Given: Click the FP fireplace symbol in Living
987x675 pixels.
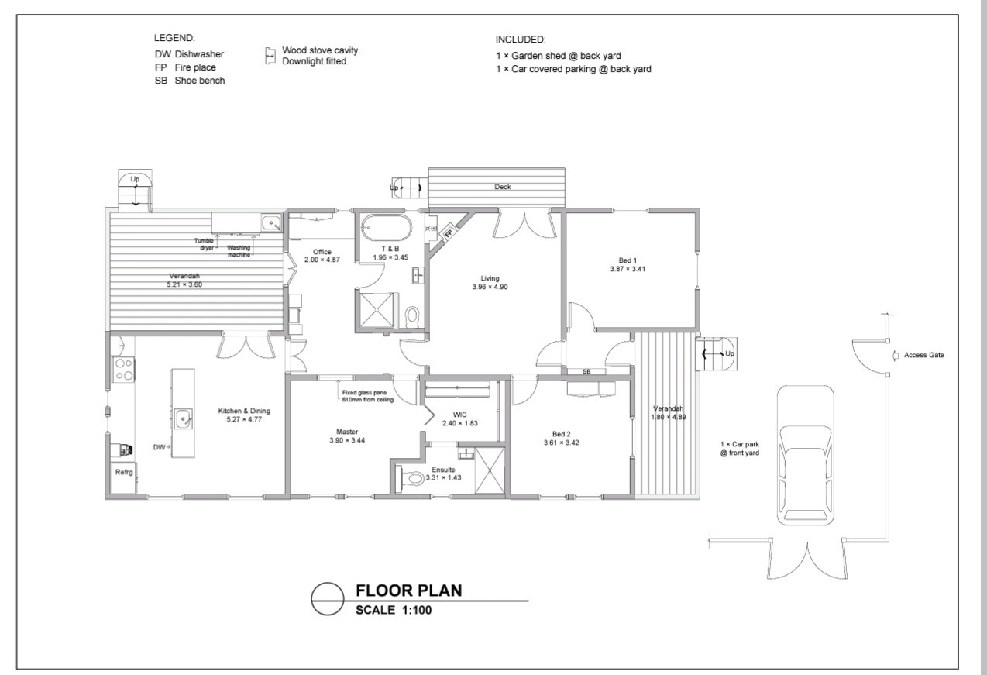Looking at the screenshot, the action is coord(449,233).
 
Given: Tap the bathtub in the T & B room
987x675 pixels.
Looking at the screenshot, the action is coord(386,228).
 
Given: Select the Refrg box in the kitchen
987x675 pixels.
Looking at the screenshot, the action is coord(123,477).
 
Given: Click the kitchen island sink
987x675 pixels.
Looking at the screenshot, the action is coord(183,418).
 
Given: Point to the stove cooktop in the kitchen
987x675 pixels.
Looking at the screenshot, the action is coord(124,370).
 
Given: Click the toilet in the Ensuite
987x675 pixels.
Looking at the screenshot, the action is coord(413,478).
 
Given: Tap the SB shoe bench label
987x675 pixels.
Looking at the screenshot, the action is coord(586,372).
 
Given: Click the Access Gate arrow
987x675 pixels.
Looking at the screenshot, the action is coord(896,356).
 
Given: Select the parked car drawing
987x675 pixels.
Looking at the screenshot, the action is coord(805,456).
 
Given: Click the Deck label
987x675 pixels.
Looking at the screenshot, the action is coord(502,187).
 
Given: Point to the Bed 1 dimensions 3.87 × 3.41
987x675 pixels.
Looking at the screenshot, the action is coord(628,269).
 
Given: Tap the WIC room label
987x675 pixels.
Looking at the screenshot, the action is coord(459,415).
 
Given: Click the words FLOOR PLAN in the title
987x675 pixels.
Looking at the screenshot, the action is coord(408,591).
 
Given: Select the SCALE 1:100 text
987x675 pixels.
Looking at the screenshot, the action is coord(394,610).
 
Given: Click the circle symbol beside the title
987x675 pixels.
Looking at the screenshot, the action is coord(328,599).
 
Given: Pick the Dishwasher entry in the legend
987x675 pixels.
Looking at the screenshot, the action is coord(189,54).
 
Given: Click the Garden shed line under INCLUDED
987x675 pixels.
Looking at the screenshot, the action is coord(559,56).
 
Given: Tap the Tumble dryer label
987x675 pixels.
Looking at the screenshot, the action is coord(205,244).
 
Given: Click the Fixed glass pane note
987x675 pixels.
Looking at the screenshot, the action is coord(367,396).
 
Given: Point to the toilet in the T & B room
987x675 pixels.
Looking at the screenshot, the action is coord(412,315).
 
